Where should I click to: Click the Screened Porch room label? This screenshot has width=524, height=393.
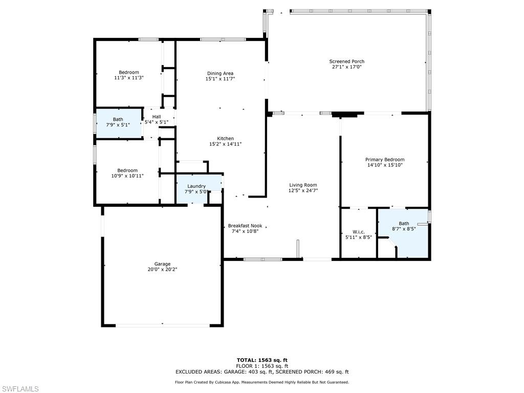tap(347, 61)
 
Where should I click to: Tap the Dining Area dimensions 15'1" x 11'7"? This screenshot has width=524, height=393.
tap(220, 79)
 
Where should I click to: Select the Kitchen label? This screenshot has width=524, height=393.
tap(225, 138)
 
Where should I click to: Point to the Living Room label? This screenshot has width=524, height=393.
tap(303, 185)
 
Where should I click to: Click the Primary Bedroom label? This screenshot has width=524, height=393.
tap(385, 160)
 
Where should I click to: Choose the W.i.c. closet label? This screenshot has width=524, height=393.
tap(358, 231)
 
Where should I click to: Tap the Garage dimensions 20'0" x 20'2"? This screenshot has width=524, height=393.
tap(163, 270)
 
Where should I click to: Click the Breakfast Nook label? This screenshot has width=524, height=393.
tap(245, 226)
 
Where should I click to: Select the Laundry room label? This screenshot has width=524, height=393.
tap(196, 186)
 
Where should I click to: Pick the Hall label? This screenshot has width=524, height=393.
tap(157, 117)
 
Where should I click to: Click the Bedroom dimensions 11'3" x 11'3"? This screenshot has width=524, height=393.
tap(128, 78)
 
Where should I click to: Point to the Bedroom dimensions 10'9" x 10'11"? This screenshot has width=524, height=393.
tap(127, 176)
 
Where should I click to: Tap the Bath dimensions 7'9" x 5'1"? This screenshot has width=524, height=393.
tap(118, 125)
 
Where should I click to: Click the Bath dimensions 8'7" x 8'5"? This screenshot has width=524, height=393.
tap(404, 229)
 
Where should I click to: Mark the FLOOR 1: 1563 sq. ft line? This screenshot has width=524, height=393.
tap(262, 366)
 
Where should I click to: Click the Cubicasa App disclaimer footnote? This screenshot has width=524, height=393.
tap(262, 382)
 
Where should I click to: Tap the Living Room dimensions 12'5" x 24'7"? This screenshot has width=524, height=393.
tap(303, 191)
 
